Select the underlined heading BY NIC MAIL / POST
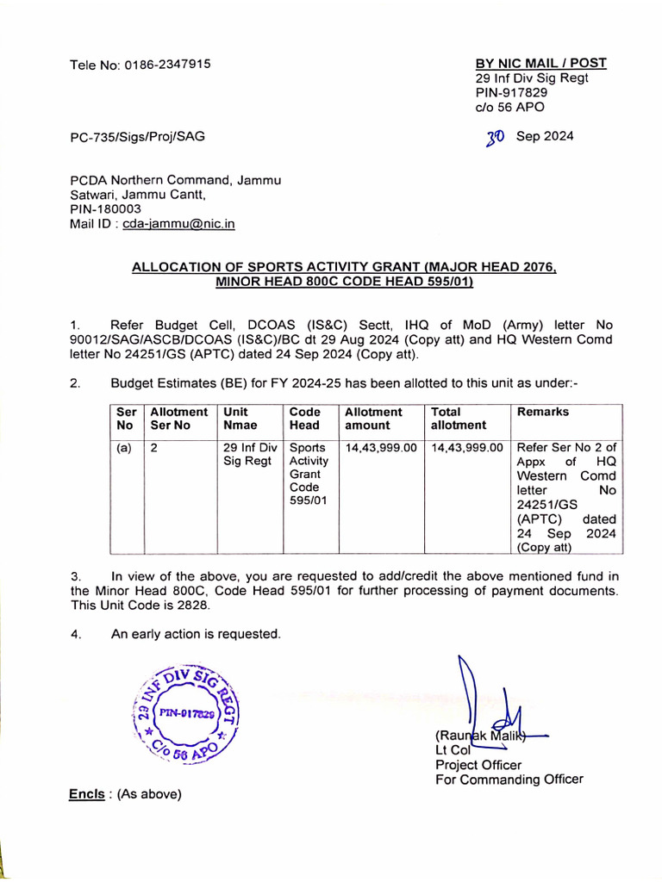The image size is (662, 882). click(x=540, y=63)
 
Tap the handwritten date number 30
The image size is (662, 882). click(x=495, y=137)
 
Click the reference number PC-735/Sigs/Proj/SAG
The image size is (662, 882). click(x=137, y=136)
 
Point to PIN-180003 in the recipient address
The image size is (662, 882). click(x=105, y=209)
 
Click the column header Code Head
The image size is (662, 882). click(x=304, y=419)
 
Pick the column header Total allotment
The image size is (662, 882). click(x=459, y=419)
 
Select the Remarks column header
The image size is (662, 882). click(x=542, y=413)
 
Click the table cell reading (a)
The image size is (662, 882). click(x=122, y=448)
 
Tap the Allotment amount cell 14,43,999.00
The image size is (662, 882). click(x=381, y=448)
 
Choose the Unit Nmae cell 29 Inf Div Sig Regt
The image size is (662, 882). click(x=249, y=455)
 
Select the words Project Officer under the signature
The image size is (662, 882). click(x=478, y=765)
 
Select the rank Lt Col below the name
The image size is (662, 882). click(x=453, y=750)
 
